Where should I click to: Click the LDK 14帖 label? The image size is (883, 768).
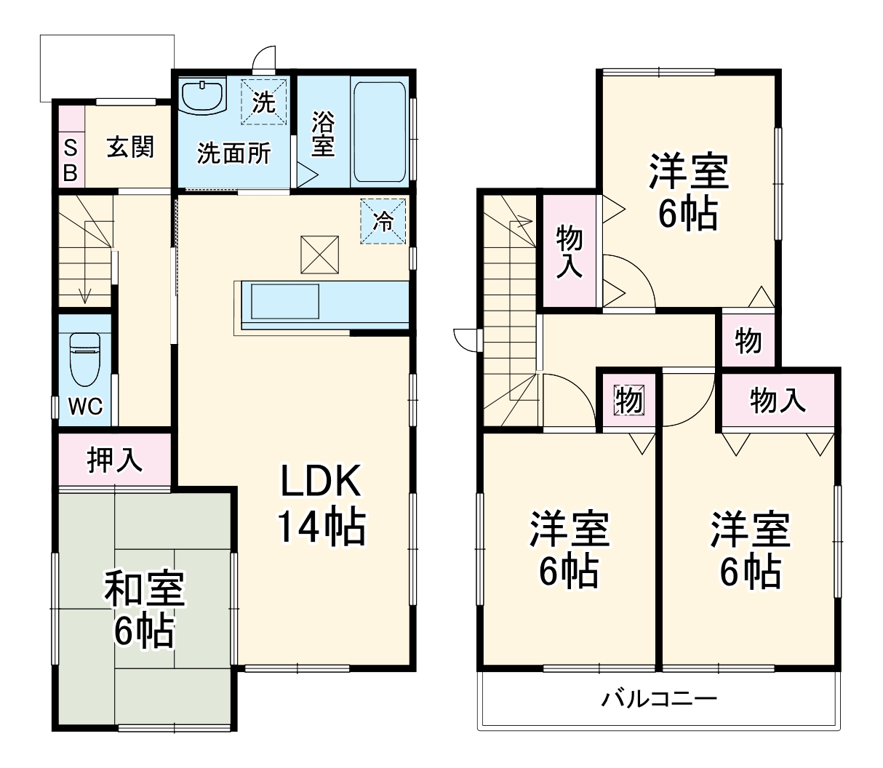319,503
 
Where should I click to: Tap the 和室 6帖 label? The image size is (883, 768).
144,609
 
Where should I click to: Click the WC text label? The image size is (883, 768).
85,406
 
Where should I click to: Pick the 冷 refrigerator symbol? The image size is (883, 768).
383,221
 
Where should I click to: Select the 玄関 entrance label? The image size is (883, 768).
131,148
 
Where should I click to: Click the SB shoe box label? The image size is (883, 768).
71,160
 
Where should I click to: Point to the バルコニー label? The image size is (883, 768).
658,700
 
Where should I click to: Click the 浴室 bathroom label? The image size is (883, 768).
322,134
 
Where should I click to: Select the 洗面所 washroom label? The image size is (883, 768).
234,153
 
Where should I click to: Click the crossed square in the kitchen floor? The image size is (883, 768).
320,255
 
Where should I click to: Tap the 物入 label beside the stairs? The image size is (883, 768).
569,252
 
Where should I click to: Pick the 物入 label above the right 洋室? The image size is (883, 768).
778,399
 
